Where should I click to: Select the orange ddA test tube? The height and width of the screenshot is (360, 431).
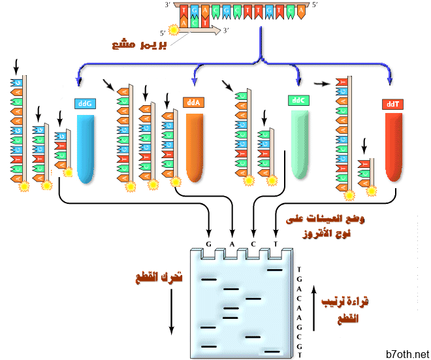[x=195, y=147]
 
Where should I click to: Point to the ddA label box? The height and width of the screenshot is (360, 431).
[x=193, y=103]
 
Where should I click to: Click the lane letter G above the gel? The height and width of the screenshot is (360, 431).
[x=209, y=244]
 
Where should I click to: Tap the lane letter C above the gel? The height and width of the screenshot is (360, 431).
[x=254, y=244]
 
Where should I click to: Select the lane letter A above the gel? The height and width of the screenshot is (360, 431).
[x=232, y=244]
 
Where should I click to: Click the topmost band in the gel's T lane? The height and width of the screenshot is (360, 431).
[x=274, y=269]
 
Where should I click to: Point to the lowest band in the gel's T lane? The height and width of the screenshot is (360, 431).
[x=273, y=352]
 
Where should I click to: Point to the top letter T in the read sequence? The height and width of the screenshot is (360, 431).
[x=299, y=269]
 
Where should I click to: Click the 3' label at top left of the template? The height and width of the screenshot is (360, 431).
[x=168, y=5]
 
